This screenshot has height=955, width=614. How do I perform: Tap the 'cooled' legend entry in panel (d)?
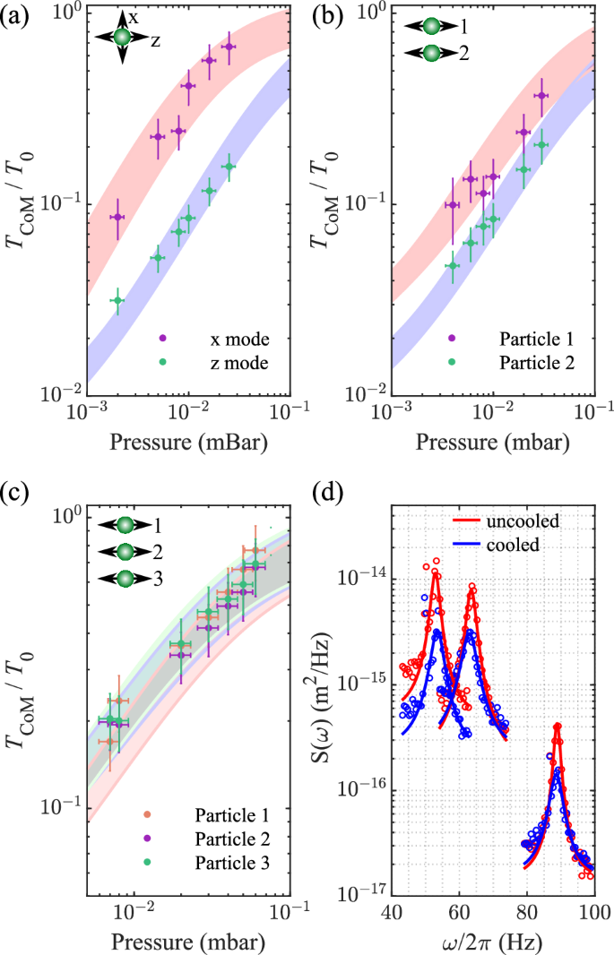click(514, 543)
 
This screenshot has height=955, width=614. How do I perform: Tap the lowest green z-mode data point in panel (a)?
click(116, 301)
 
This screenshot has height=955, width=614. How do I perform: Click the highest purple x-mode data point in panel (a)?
click(229, 47)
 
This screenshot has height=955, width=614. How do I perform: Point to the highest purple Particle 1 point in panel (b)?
click(541, 95)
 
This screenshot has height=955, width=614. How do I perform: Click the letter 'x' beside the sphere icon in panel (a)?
click(133, 17)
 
